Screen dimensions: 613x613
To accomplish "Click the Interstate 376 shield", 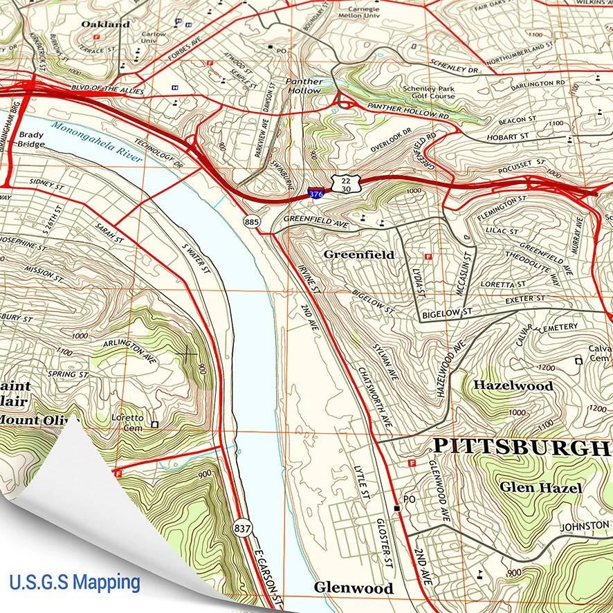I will [x=315, y=194].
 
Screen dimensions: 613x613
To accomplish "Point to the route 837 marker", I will [x=241, y=527].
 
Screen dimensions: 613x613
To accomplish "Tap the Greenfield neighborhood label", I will [x=359, y=255].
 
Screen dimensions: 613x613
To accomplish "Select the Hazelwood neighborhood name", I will [x=513, y=385].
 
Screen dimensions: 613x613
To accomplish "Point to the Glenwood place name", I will [x=354, y=587].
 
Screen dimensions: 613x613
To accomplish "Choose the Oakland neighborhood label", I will [x=105, y=24].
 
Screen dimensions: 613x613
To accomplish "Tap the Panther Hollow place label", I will [x=304, y=86].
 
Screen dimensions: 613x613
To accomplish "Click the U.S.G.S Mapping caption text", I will [x=75, y=582].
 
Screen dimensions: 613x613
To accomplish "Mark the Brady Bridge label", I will [x=32, y=140].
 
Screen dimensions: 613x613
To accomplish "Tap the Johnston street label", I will [x=585, y=527].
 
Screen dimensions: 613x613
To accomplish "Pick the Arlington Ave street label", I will [x=129, y=351].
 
